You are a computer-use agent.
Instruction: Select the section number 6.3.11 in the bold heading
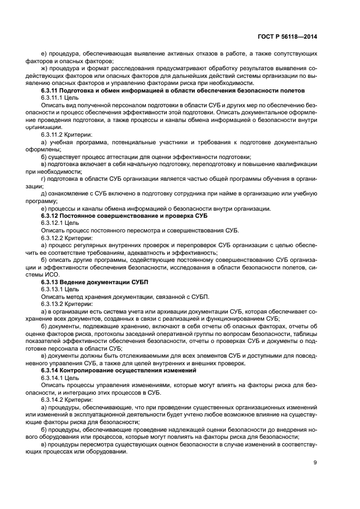pos(52,90)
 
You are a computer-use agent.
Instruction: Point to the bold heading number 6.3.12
pos(52,216)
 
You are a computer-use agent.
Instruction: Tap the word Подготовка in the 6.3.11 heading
pos(86,90)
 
